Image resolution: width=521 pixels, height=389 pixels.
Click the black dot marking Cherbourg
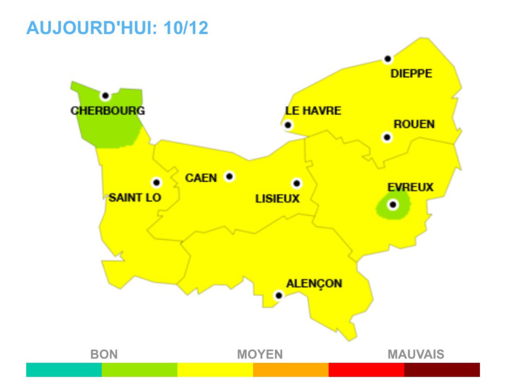click(105, 95)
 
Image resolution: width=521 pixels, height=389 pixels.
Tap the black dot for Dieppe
click(388, 59)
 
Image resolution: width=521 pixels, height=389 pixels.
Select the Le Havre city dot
click(288, 125)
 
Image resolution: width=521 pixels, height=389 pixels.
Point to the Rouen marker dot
click(387, 138)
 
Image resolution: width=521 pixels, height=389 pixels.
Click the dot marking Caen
click(229, 177)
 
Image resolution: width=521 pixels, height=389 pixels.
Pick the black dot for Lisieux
click(296, 183)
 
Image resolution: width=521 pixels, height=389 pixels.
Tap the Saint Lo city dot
click(156, 183)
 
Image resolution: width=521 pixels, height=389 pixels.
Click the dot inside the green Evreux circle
click(393, 205)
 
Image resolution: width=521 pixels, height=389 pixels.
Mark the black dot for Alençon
click(279, 295)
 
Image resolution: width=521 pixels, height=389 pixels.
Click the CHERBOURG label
click(107, 110)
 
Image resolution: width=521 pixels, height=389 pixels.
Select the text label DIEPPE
click(411, 74)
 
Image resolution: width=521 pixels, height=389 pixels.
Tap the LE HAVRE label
click(313, 110)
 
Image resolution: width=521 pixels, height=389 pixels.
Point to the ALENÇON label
click(314, 284)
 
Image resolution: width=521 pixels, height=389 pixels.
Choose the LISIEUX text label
click(277, 199)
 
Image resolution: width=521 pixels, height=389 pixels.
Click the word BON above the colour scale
click(104, 354)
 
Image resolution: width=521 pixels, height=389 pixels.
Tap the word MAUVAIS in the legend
click(416, 354)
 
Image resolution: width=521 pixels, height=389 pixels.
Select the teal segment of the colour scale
click(64, 370)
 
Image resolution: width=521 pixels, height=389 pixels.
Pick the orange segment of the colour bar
click(290, 370)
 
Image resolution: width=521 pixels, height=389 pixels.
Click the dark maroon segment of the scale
click(442, 370)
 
